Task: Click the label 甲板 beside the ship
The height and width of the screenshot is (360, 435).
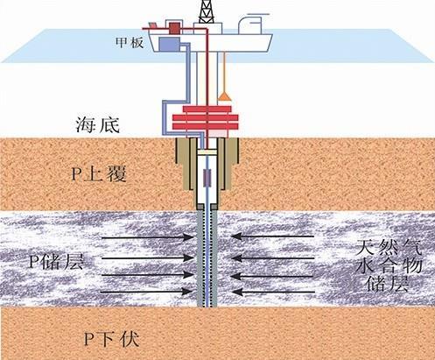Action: point(130,43)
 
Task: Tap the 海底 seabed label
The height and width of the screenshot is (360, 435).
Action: point(97,124)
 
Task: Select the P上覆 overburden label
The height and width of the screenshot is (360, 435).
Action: point(99,174)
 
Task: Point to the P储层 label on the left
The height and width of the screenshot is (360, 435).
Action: point(57,262)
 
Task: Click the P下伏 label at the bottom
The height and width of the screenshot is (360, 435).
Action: point(111,339)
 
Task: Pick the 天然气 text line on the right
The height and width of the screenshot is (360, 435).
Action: point(389,248)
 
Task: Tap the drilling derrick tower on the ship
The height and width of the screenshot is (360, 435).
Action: point(207,11)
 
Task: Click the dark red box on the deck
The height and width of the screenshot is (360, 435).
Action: point(174,28)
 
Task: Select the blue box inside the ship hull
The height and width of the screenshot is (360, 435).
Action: point(169,45)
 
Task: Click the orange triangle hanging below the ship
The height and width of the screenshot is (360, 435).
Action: point(224,96)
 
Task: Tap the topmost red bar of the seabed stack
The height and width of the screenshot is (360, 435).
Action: point(207,109)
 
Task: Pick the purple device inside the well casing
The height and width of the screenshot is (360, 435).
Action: point(207,177)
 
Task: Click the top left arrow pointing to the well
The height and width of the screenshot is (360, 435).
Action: point(147,237)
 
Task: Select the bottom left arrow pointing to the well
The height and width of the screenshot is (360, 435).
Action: point(147,292)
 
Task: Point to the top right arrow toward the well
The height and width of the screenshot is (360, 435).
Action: point(272,236)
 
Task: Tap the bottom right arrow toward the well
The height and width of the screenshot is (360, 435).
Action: point(273,292)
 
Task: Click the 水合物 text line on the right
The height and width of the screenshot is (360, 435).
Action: point(389,266)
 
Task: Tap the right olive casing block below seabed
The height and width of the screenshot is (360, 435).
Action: point(228,164)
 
